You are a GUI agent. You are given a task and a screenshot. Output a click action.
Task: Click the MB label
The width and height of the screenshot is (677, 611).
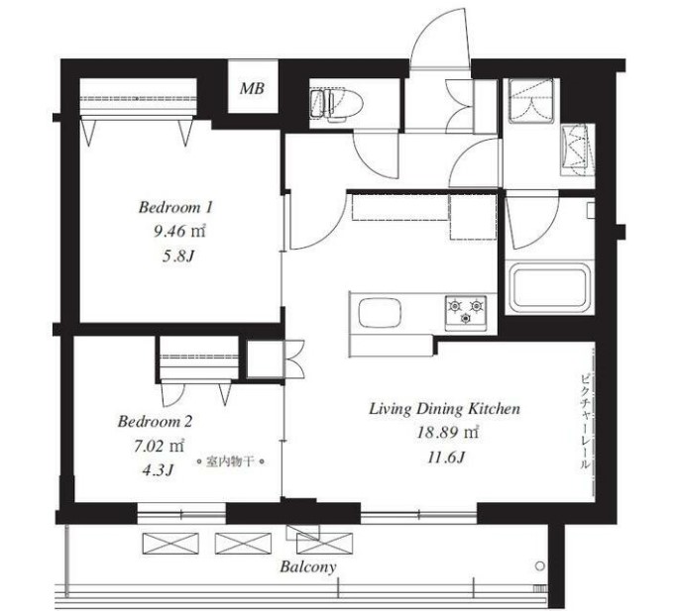(252, 88)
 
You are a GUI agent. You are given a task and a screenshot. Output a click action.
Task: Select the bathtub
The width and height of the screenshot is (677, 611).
(549, 287)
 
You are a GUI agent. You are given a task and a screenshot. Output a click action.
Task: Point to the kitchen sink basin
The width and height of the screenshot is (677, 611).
(380, 312)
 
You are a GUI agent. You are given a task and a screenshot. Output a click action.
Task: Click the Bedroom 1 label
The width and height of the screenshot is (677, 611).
(175, 208)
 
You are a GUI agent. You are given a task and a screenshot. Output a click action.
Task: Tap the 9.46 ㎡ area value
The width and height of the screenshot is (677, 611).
(179, 232)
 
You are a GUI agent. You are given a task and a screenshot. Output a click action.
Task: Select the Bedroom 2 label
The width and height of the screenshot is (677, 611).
(155, 421)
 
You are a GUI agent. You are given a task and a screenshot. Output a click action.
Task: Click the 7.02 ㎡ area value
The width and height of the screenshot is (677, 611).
(159, 446)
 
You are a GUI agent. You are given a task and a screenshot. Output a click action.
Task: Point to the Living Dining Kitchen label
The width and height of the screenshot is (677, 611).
(445, 409)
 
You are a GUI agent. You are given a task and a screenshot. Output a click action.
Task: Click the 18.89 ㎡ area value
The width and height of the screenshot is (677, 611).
(447, 433)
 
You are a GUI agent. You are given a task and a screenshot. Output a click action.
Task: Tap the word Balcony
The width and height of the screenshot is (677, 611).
(308, 566)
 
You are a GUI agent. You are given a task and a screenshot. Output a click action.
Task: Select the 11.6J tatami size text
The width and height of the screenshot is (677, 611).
(446, 458)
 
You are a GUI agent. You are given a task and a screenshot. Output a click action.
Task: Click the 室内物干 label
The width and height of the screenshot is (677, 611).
(230, 461)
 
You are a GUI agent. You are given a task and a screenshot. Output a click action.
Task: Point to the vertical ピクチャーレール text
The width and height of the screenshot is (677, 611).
(584, 422)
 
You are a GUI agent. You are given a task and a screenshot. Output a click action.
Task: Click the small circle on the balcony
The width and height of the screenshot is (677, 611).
(539, 565)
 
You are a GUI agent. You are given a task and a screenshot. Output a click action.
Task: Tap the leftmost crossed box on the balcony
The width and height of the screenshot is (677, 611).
(170, 544)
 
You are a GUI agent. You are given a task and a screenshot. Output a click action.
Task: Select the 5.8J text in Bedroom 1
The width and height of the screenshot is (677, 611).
(178, 256)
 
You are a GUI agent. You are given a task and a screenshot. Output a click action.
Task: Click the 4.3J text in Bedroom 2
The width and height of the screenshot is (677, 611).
(158, 470)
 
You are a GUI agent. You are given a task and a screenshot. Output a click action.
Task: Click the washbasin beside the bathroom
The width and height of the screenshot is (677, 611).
(578, 150)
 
